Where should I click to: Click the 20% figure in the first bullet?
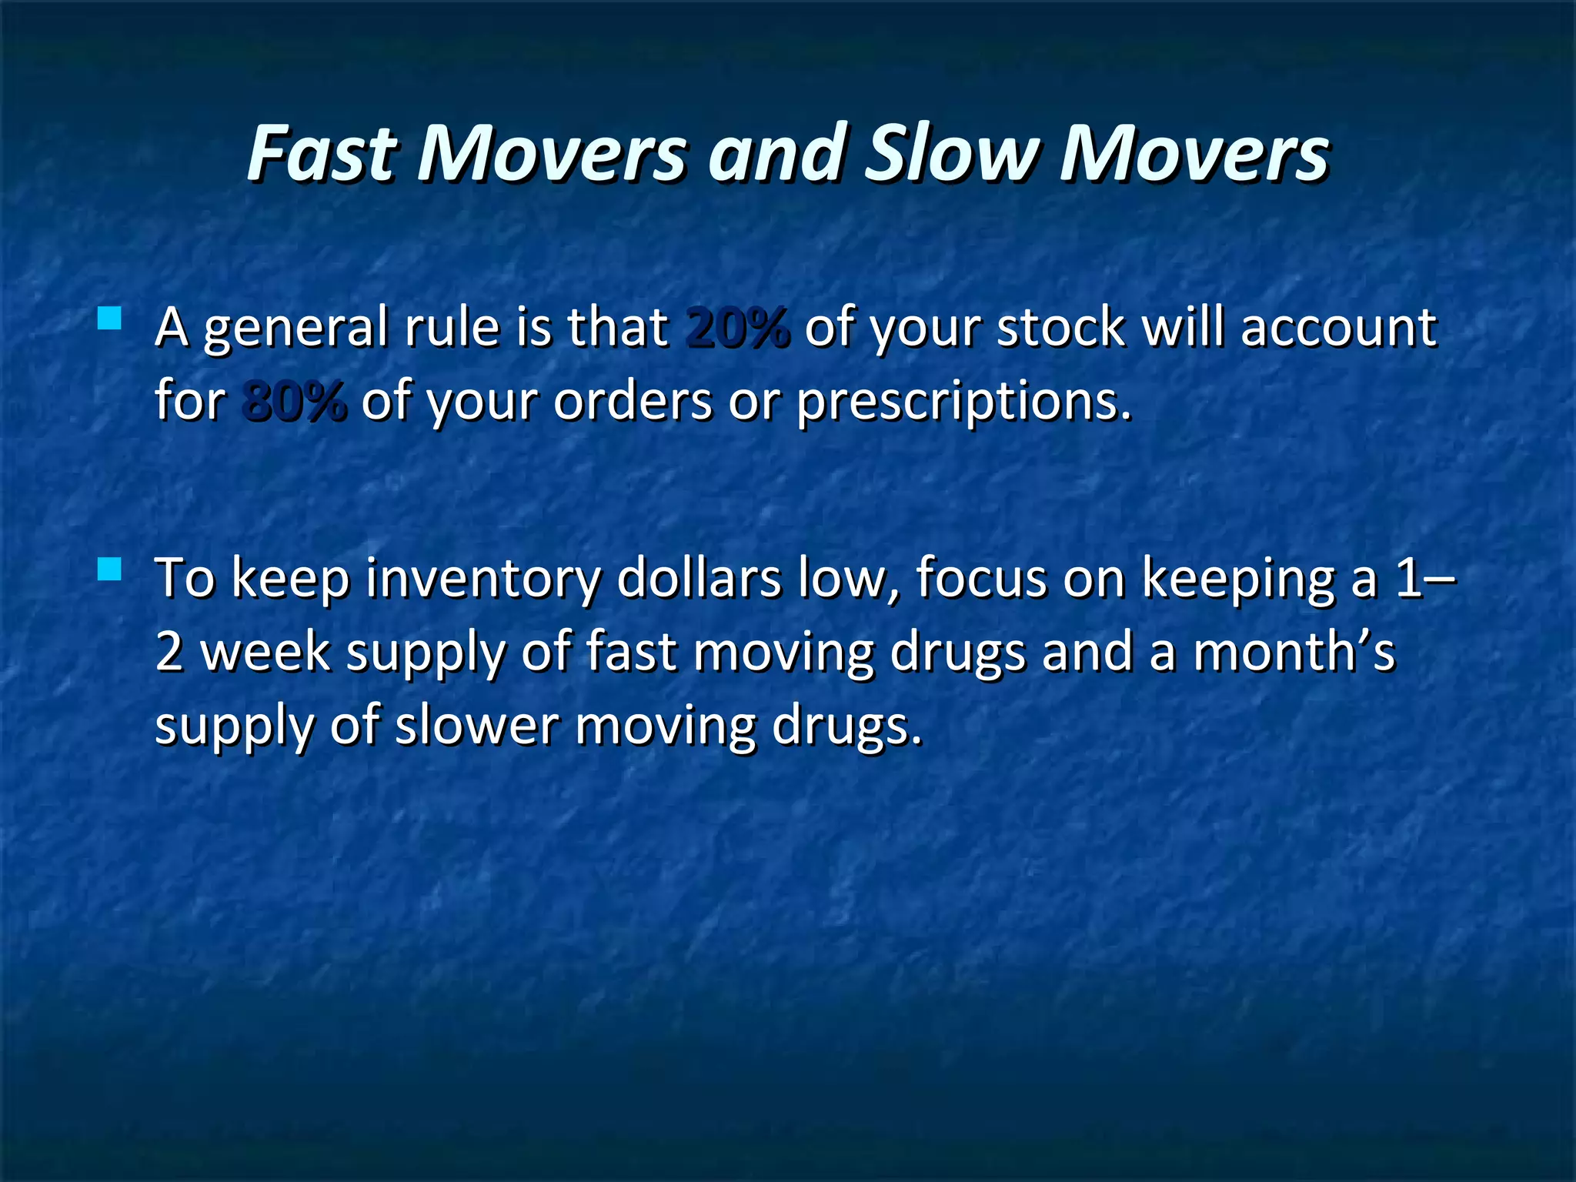click(x=737, y=327)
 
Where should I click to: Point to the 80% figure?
click(x=294, y=401)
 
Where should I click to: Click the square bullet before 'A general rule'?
click(x=110, y=318)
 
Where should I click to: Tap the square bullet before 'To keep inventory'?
click(x=110, y=569)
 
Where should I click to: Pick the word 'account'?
click(x=1338, y=327)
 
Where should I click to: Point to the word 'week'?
click(x=265, y=652)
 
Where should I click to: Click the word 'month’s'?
click(x=1294, y=652)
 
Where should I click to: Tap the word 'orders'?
click(x=633, y=401)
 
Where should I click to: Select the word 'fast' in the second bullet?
click(x=631, y=652)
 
